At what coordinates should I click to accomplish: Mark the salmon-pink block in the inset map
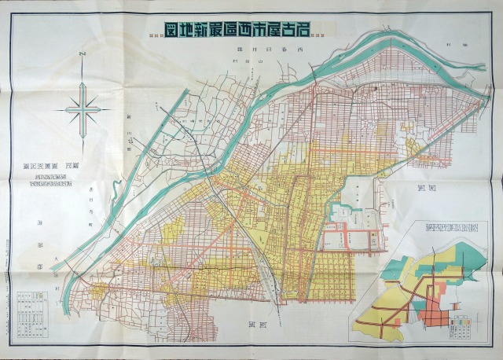click(x=432, y=314)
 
